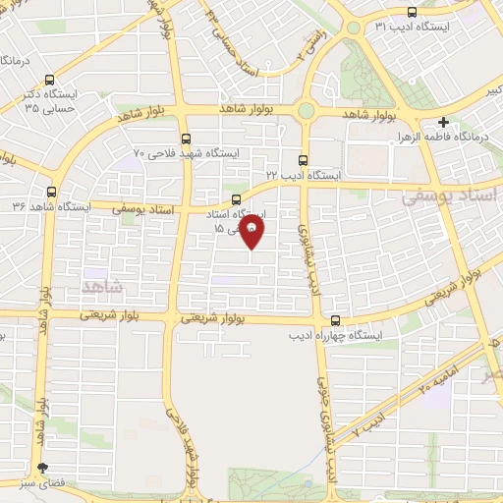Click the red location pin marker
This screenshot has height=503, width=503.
252,233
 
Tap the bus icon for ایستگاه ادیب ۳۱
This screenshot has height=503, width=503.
411,13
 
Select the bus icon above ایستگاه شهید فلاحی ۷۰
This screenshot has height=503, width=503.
187,139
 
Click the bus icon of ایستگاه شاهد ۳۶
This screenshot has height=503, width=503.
51,193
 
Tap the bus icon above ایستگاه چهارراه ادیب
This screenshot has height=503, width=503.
336,320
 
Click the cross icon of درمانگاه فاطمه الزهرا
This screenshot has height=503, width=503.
444,123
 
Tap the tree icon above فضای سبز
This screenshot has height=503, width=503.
41,469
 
